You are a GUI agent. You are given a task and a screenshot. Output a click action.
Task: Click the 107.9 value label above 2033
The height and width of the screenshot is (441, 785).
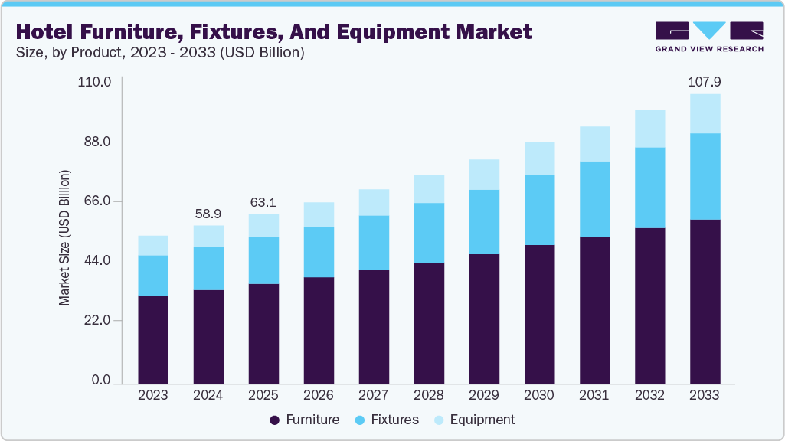coord(705,82)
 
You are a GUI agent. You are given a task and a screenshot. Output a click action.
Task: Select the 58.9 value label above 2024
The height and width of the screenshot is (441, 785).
coord(208,214)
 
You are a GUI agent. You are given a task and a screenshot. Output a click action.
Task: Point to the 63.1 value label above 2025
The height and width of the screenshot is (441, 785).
coord(263,203)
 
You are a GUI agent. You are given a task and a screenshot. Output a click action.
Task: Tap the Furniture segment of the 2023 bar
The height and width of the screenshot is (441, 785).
coord(153,338)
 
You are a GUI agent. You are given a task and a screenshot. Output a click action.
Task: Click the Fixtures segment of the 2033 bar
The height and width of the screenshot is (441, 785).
coord(705,176)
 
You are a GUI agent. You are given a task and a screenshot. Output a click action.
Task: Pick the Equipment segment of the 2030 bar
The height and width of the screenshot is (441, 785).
coord(539,158)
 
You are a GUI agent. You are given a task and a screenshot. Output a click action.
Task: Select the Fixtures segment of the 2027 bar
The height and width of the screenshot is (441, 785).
coord(374,243)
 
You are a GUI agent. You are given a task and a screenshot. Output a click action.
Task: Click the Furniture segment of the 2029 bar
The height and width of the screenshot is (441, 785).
coord(484,318)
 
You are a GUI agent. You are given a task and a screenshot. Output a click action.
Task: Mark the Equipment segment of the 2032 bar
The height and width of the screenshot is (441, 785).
coord(649,129)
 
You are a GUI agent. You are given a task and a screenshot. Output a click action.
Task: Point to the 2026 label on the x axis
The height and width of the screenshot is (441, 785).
coord(319,395)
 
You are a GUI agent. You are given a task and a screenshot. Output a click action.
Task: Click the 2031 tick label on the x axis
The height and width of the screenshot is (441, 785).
coord(594,395)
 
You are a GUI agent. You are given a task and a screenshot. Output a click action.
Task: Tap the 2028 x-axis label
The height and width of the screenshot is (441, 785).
coord(429,395)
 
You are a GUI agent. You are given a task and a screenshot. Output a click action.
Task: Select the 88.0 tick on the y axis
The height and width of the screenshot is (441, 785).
coord(96,142)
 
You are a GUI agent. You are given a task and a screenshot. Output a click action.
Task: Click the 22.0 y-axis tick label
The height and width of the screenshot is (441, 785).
coord(96,320)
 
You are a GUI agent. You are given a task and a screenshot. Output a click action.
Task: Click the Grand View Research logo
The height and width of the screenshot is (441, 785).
coord(708,37)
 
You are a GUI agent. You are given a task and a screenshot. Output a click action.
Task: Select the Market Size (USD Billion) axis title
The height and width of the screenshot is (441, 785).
coord(65,237)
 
